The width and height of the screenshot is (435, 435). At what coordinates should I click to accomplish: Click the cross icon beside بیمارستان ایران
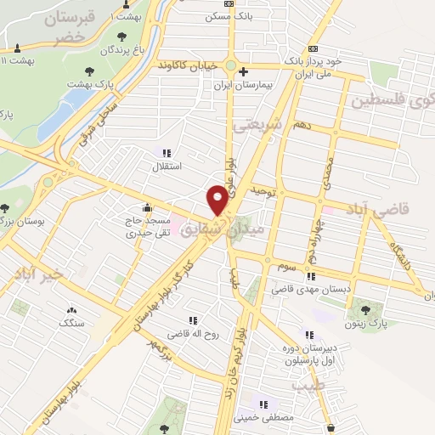[243, 72]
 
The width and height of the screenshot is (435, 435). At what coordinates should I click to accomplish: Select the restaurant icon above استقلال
[167, 154]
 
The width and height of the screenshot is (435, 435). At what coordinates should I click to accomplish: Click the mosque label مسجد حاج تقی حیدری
[148, 225]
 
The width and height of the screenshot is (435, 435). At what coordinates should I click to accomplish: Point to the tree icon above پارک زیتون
[365, 310]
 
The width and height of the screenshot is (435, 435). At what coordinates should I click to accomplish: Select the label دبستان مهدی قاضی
[305, 290]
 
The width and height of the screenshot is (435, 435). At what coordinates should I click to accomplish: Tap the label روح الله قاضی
[191, 334]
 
